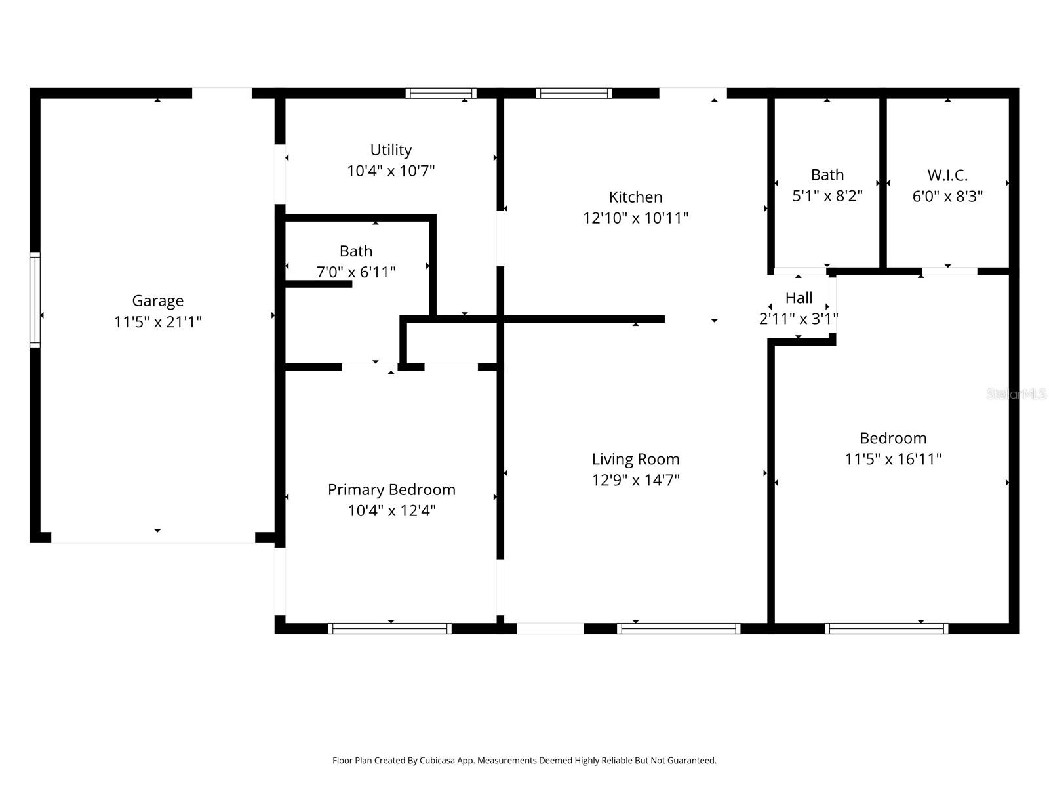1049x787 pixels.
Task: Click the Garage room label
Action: click(158, 300)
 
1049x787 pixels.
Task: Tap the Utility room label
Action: click(391, 150)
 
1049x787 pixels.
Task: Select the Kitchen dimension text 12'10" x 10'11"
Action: click(635, 218)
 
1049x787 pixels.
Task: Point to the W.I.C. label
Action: click(947, 175)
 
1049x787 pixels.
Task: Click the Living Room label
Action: click(635, 459)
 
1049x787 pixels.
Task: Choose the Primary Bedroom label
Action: click(391, 490)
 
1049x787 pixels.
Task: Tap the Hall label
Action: click(799, 298)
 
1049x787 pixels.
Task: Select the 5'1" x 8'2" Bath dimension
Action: click(827, 196)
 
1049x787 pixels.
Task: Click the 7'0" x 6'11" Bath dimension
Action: click(355, 272)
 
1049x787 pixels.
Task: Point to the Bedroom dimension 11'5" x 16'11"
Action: click(893, 459)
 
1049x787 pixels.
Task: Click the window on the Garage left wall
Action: click(35, 300)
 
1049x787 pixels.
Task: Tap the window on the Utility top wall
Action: click(441, 93)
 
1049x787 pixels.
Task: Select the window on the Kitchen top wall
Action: click(574, 93)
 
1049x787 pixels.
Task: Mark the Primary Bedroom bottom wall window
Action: click(389, 628)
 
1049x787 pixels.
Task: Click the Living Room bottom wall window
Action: click(678, 628)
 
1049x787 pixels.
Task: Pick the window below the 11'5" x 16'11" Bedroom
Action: click(886, 628)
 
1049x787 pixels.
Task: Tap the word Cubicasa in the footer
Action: click(437, 760)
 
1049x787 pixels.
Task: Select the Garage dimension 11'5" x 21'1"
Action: click(158, 322)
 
